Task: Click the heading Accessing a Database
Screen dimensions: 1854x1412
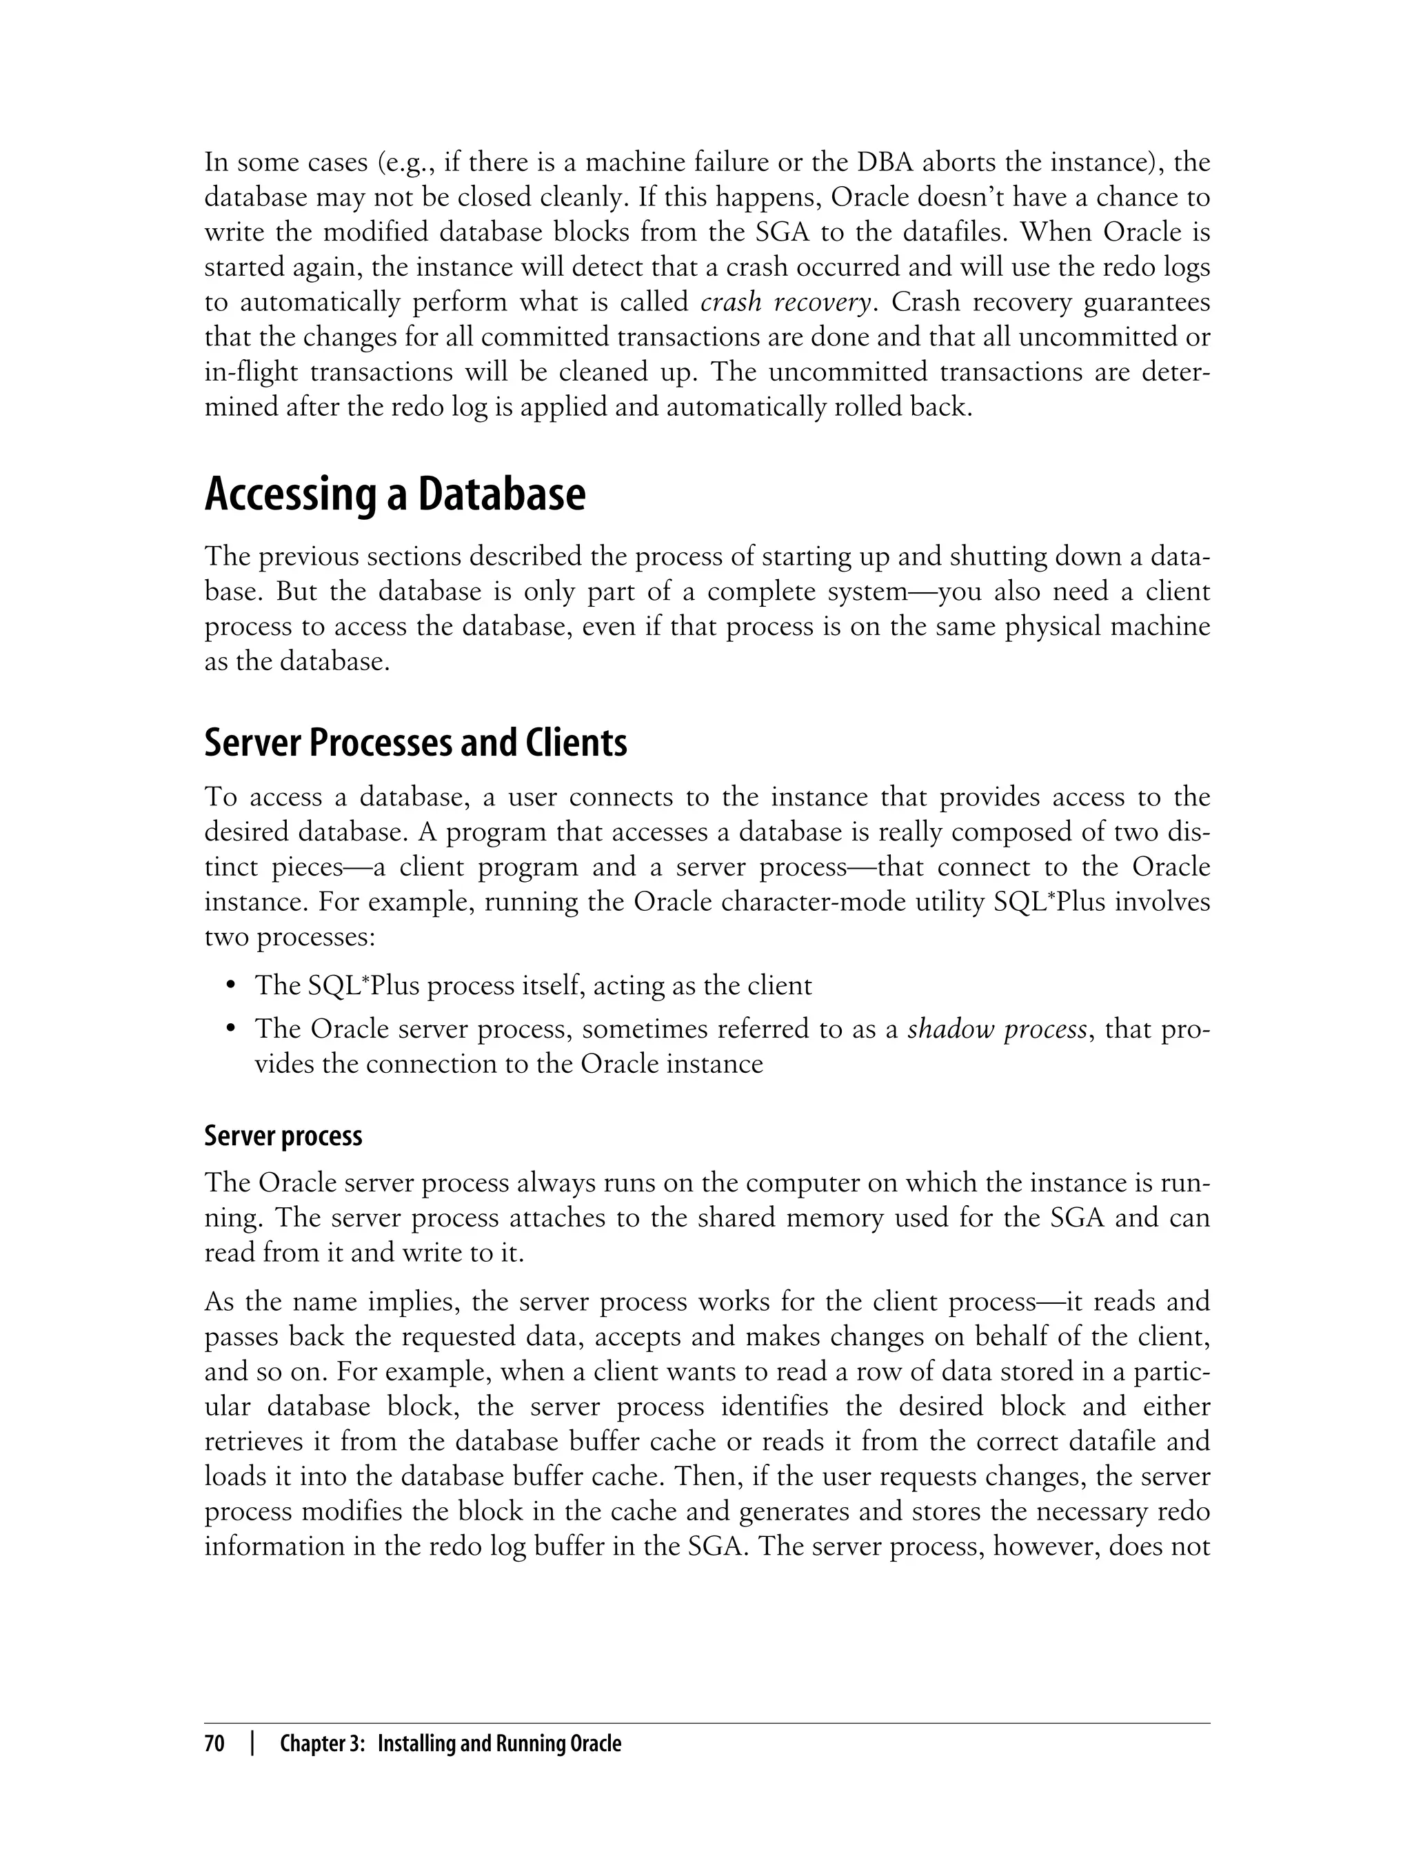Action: click(394, 495)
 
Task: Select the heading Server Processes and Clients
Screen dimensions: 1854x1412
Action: click(415, 743)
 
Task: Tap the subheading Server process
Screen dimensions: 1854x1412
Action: click(283, 1136)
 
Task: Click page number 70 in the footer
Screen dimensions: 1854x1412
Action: click(215, 1744)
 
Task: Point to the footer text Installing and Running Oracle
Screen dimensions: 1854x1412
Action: click(499, 1744)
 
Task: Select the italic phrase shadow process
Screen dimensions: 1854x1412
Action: click(997, 1029)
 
